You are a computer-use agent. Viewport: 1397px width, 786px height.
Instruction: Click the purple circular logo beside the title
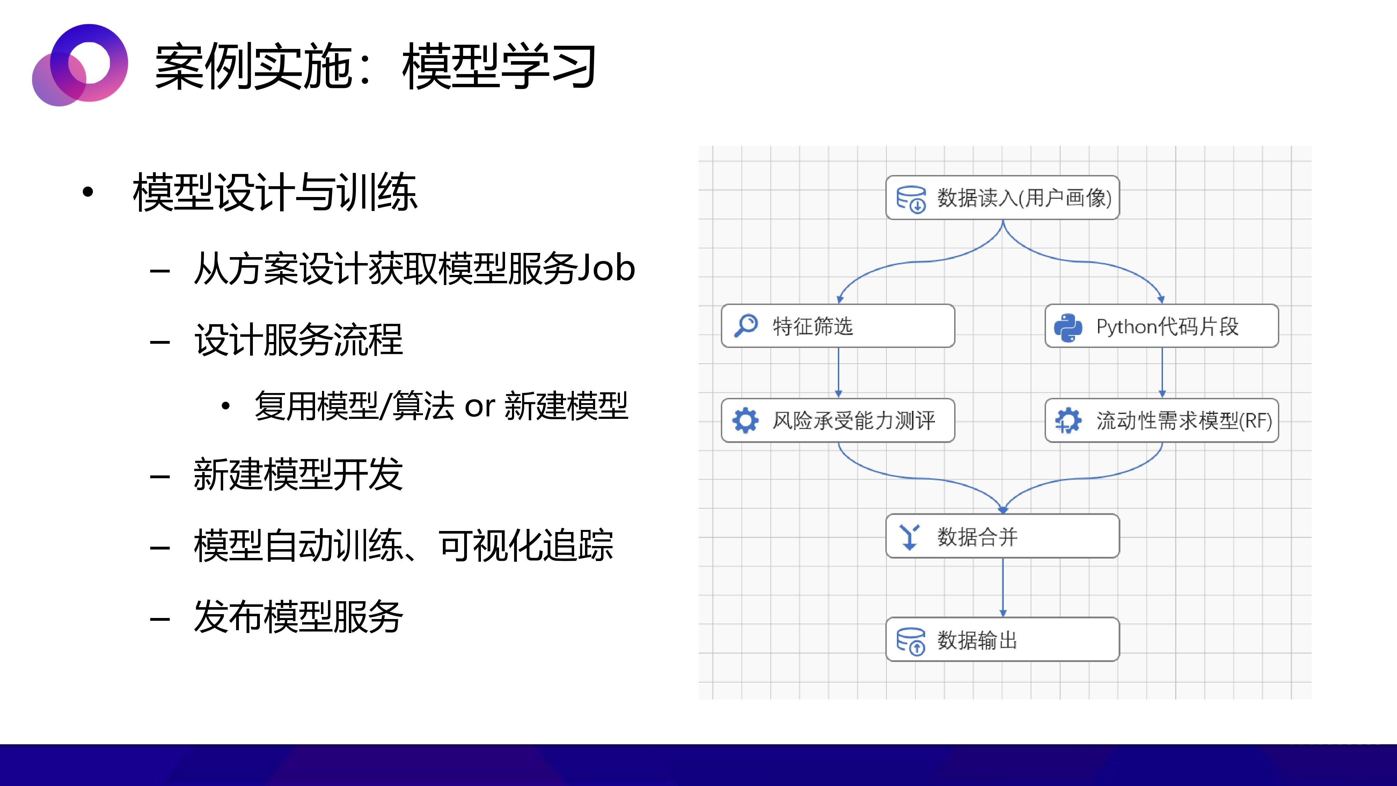pyautogui.click(x=80, y=65)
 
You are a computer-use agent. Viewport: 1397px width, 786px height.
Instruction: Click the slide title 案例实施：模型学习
pyautogui.click(x=375, y=66)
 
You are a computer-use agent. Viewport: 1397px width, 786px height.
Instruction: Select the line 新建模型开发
pyautogui.click(x=298, y=474)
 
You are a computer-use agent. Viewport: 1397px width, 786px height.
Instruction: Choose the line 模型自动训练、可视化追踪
pyautogui.click(x=403, y=545)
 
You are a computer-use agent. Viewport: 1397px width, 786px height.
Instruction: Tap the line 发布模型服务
pyautogui.click(x=298, y=617)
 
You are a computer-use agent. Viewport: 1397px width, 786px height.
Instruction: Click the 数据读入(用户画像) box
pyautogui.click(x=1002, y=197)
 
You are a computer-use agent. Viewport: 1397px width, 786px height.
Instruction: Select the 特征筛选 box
pyautogui.click(x=838, y=326)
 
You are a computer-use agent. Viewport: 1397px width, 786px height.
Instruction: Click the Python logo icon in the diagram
pyautogui.click(x=1068, y=327)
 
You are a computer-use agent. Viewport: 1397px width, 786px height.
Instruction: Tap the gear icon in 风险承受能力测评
pyautogui.click(x=745, y=420)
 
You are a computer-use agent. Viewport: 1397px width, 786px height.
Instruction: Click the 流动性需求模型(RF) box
pyautogui.click(x=1162, y=420)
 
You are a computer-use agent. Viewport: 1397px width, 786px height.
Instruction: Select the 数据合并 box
pyautogui.click(x=1002, y=536)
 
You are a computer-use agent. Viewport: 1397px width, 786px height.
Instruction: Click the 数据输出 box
pyautogui.click(x=1002, y=640)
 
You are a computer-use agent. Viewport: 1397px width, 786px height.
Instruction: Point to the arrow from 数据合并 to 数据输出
pyautogui.click(x=1003, y=588)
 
